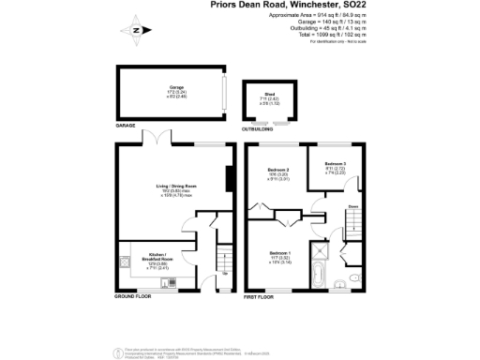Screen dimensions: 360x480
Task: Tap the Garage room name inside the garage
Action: (175, 87)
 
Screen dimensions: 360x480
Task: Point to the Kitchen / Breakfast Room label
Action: (153, 255)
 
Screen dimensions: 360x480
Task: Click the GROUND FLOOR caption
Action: (134, 296)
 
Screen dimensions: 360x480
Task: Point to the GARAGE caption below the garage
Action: (126, 125)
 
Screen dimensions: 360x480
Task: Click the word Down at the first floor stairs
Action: (353, 205)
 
